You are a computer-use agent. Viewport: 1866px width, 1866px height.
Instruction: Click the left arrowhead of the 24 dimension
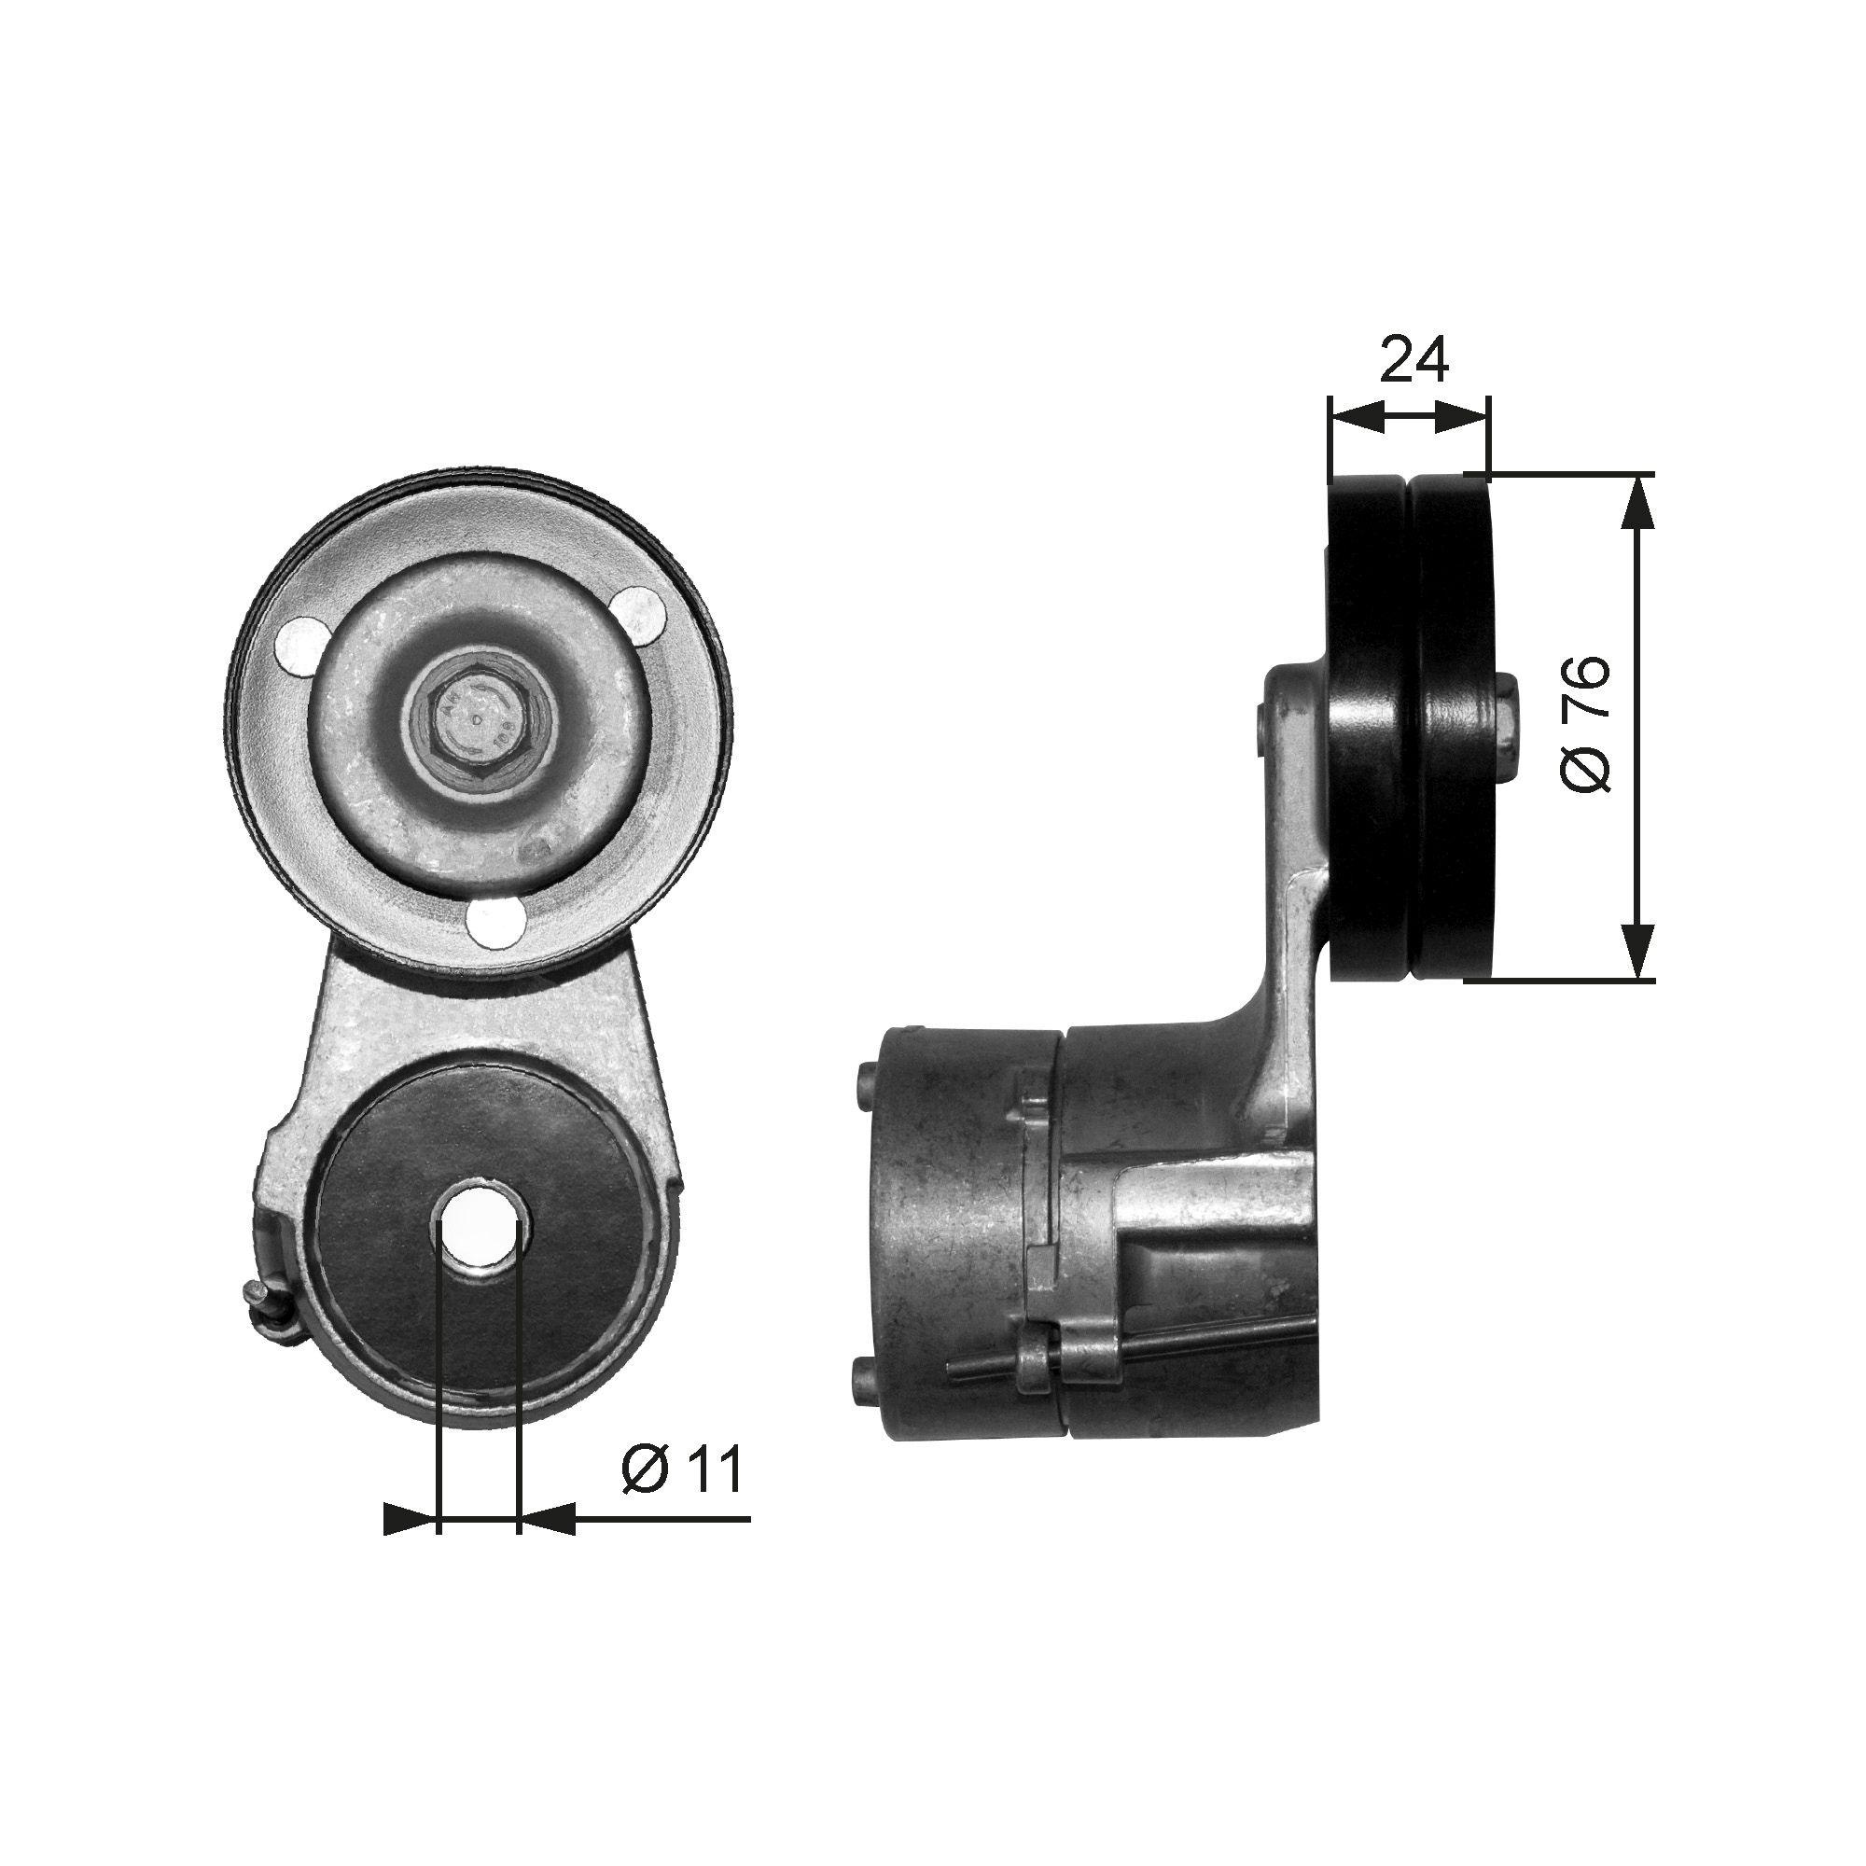(x=1352, y=417)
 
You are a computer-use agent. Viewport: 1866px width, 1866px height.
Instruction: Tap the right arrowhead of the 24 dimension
(x=1464, y=417)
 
